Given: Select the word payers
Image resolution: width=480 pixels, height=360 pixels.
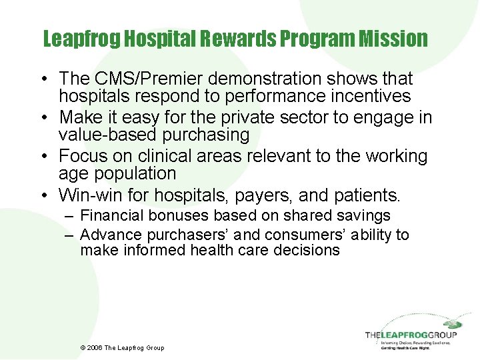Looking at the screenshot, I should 259,195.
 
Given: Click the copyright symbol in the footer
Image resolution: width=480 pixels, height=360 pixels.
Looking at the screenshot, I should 82,347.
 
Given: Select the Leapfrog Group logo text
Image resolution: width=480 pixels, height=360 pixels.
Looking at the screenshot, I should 411,335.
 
